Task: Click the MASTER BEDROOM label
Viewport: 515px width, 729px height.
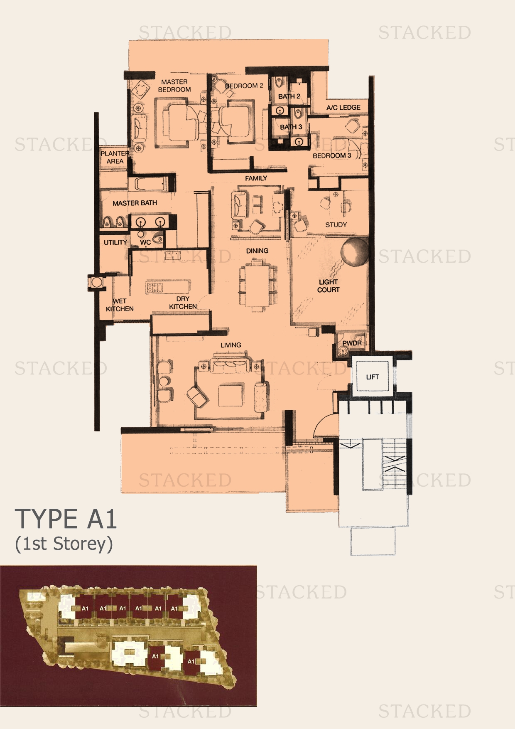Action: pos(174,86)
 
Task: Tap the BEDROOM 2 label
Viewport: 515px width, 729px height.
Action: pos(244,86)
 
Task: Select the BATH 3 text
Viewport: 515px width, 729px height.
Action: pos(291,127)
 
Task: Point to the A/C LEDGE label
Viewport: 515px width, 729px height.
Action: pos(343,107)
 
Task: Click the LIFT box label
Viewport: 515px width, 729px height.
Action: pos(372,377)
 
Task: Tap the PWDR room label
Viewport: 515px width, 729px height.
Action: pos(352,343)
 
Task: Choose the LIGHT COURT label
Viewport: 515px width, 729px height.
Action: pos(328,286)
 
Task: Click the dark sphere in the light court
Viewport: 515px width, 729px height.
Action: pos(354,251)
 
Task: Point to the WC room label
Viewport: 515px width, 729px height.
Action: pos(145,242)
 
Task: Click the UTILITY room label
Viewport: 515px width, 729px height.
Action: pos(115,242)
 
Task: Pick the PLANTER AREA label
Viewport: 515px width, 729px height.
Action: pos(115,157)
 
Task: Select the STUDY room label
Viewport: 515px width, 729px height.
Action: pos(336,224)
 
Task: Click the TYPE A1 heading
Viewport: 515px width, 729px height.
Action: pos(66,519)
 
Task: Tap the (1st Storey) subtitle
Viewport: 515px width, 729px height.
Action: pos(64,544)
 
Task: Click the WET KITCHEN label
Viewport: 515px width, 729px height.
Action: pos(120,305)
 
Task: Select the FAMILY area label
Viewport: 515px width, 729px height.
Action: pos(256,178)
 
